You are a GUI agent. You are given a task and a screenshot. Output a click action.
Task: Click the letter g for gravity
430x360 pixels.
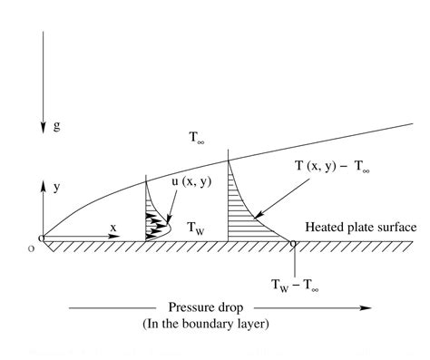coord(56,128)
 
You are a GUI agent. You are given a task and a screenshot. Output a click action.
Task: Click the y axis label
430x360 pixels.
coord(56,187)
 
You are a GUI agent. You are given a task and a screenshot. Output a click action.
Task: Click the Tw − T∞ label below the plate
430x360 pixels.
coord(295,285)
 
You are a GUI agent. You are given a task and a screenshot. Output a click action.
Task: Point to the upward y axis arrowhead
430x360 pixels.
coord(42,184)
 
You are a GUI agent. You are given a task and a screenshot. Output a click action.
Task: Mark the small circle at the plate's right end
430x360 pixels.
coord(293,242)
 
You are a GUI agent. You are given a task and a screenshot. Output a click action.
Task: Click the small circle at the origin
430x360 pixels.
coord(42,240)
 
